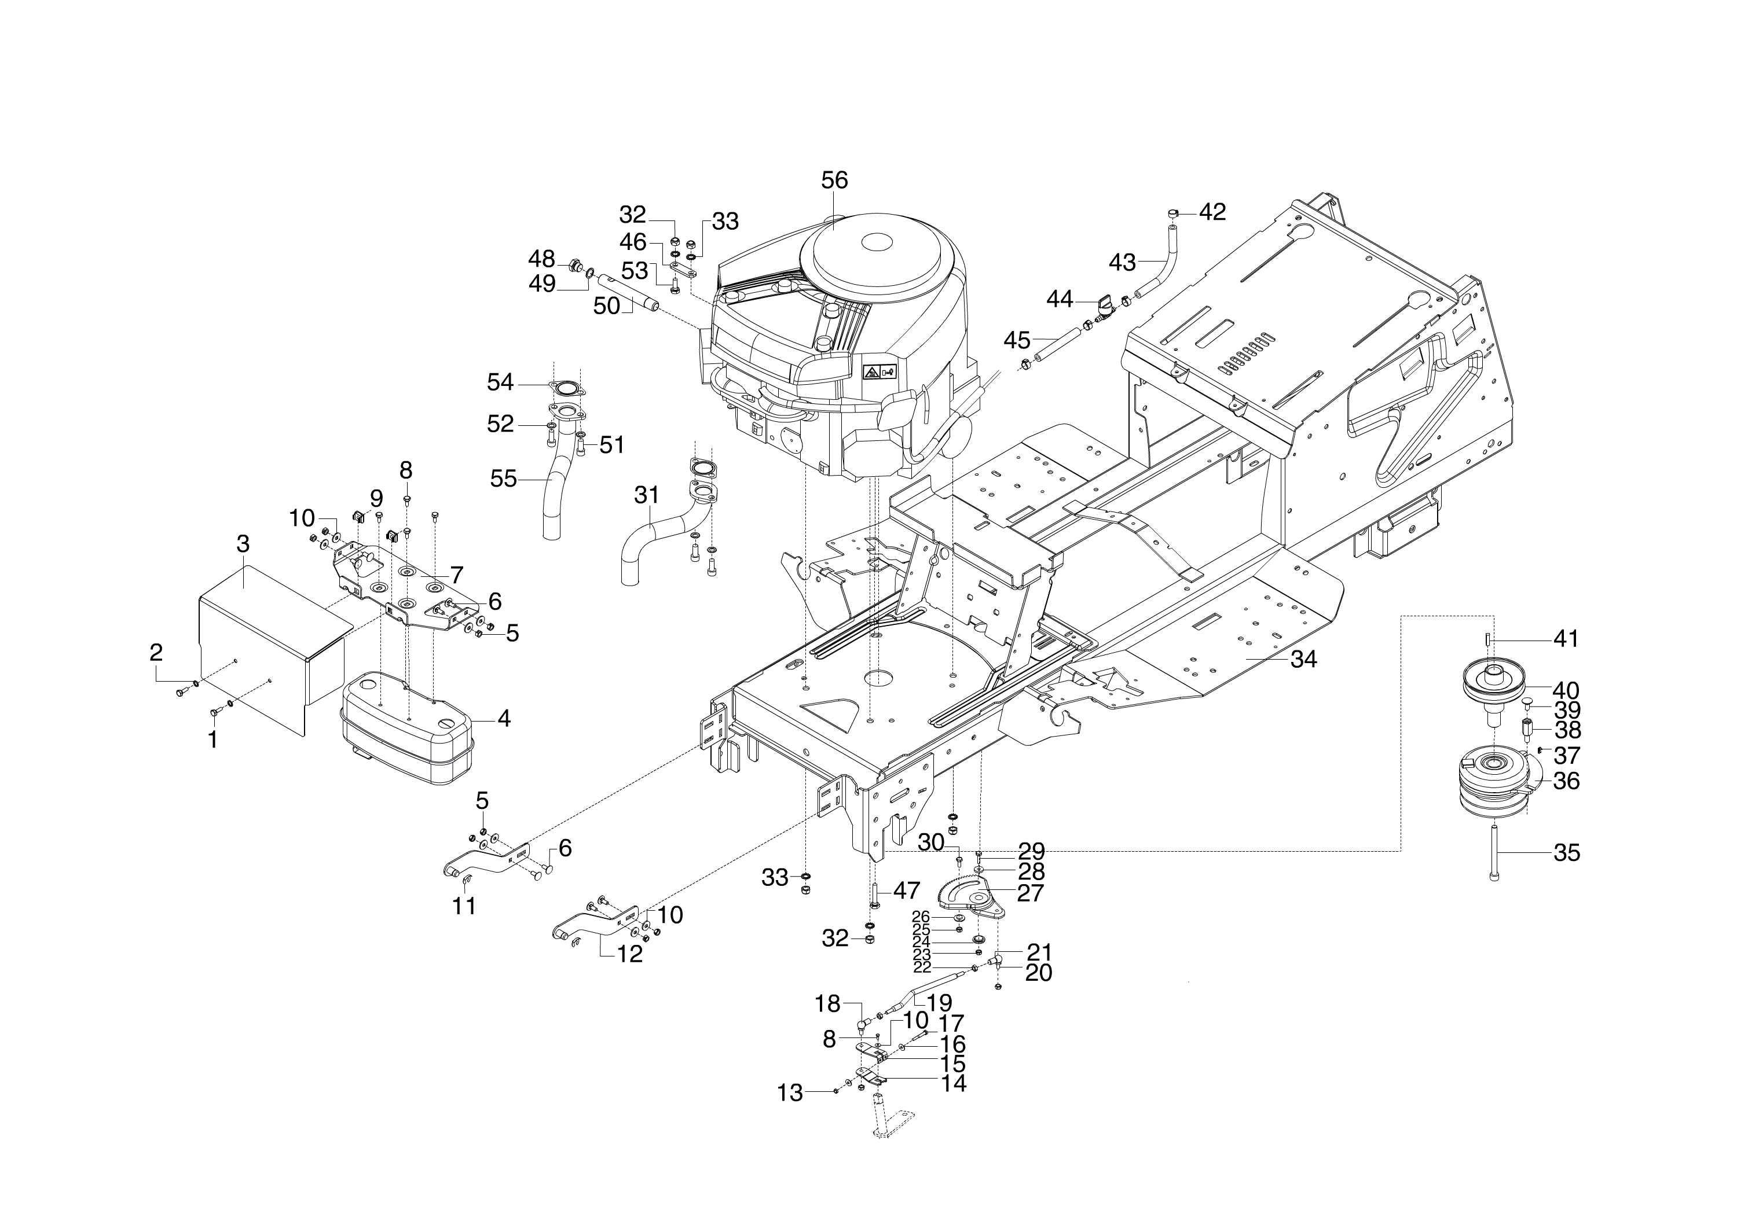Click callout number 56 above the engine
(834, 180)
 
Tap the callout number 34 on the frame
(1304, 659)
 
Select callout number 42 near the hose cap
(1212, 212)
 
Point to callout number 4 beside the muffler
(504, 718)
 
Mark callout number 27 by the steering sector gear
(1031, 893)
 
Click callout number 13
(790, 1094)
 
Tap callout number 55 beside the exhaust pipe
(504, 479)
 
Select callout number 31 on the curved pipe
(646, 496)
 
